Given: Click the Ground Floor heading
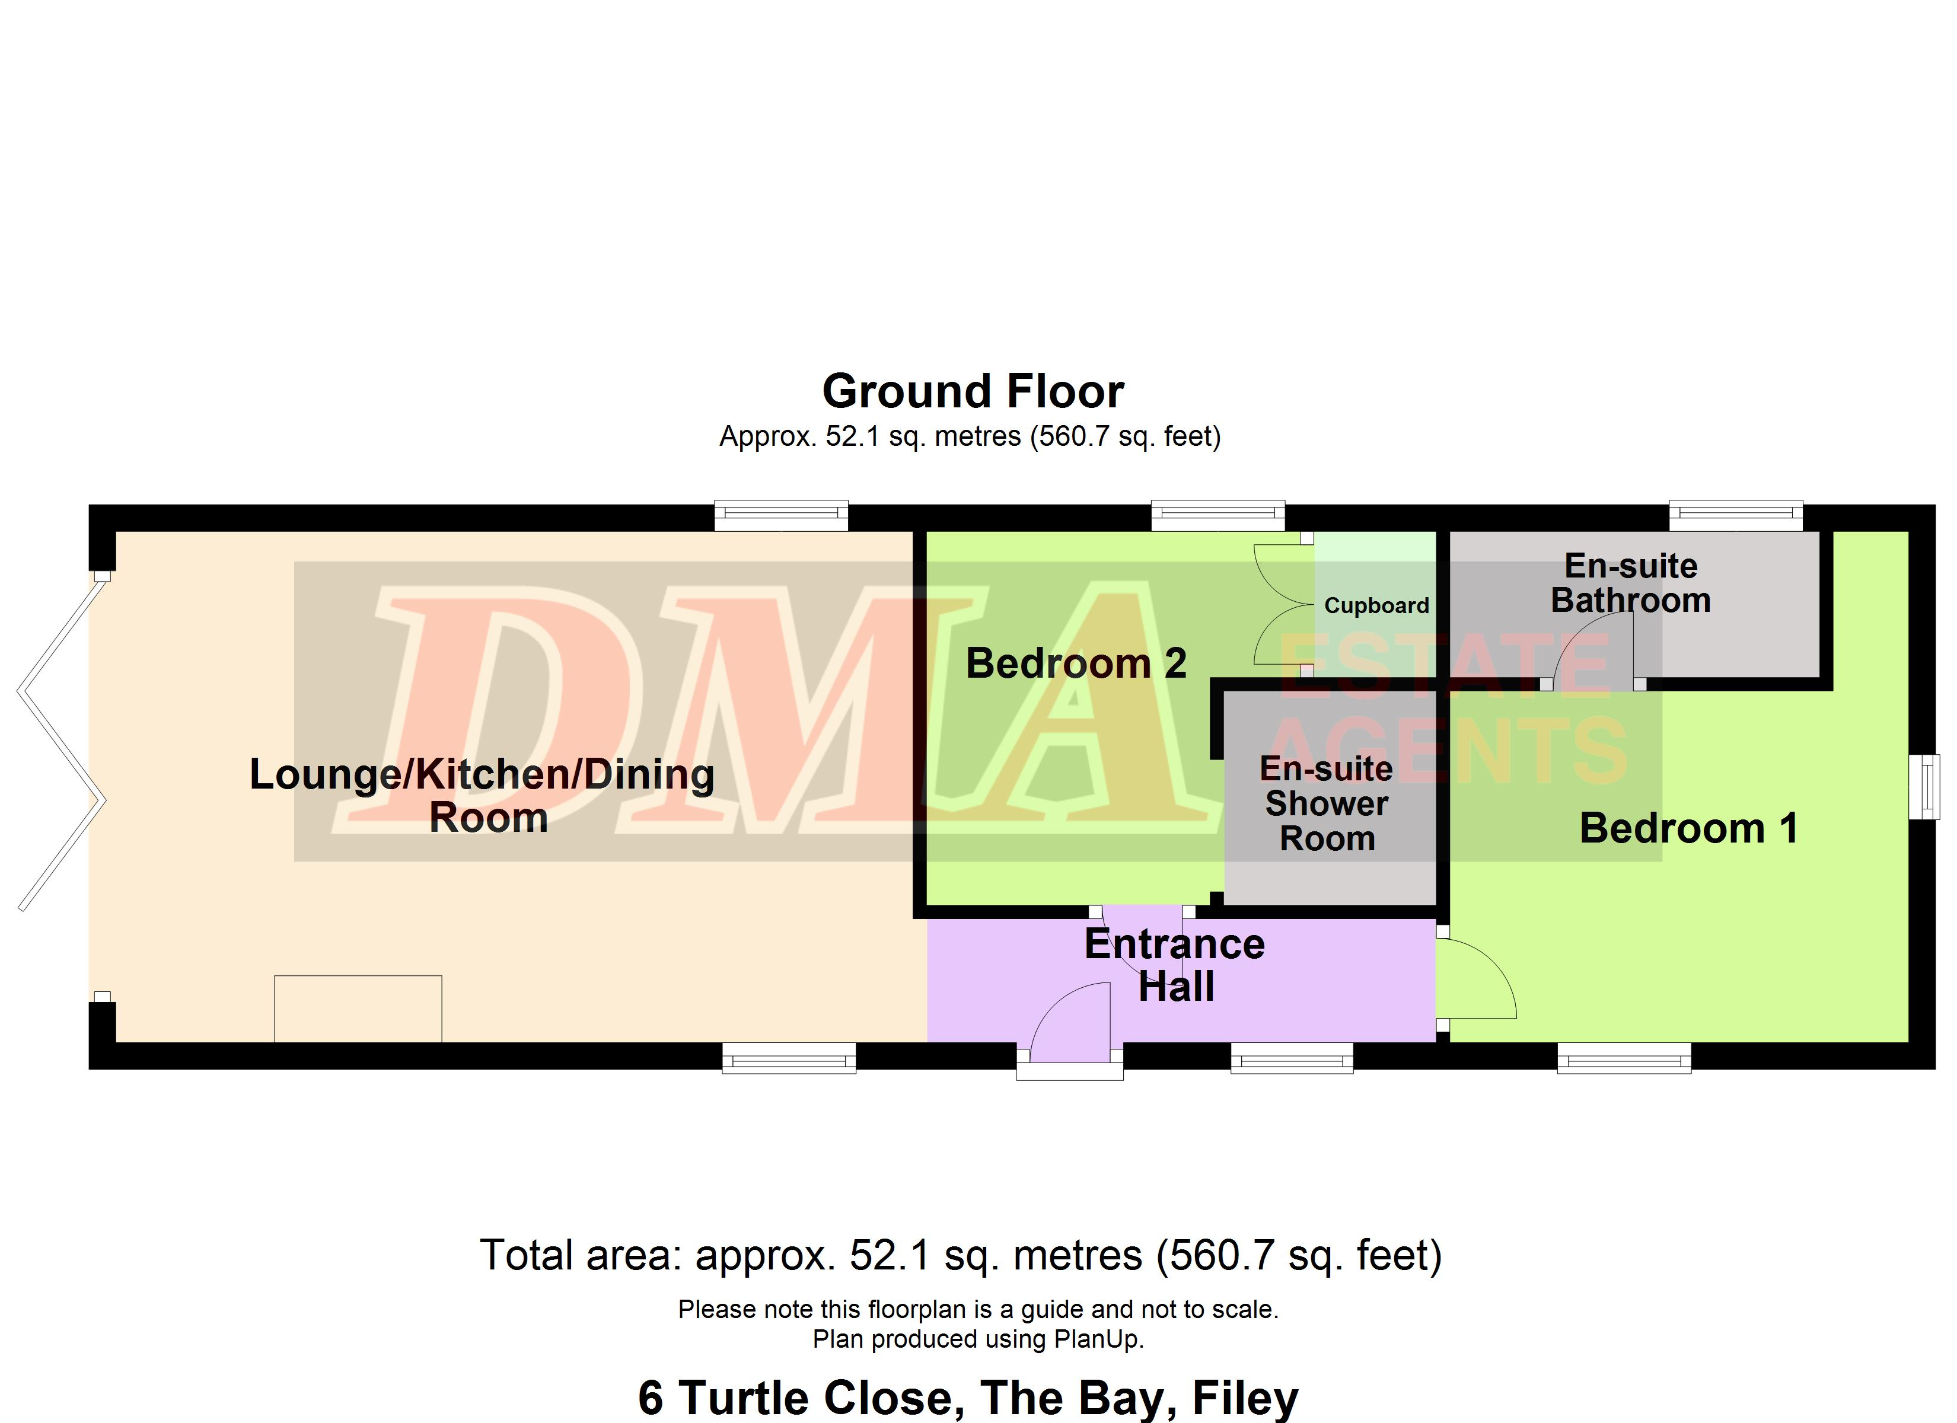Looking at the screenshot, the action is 973,392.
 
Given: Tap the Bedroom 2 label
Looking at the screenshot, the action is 1076,663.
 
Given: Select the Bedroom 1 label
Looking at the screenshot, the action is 1688,828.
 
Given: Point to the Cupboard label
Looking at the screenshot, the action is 1376,606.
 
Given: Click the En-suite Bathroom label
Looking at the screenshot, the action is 1631,583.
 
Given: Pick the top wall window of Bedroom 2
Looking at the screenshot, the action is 1218,515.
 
